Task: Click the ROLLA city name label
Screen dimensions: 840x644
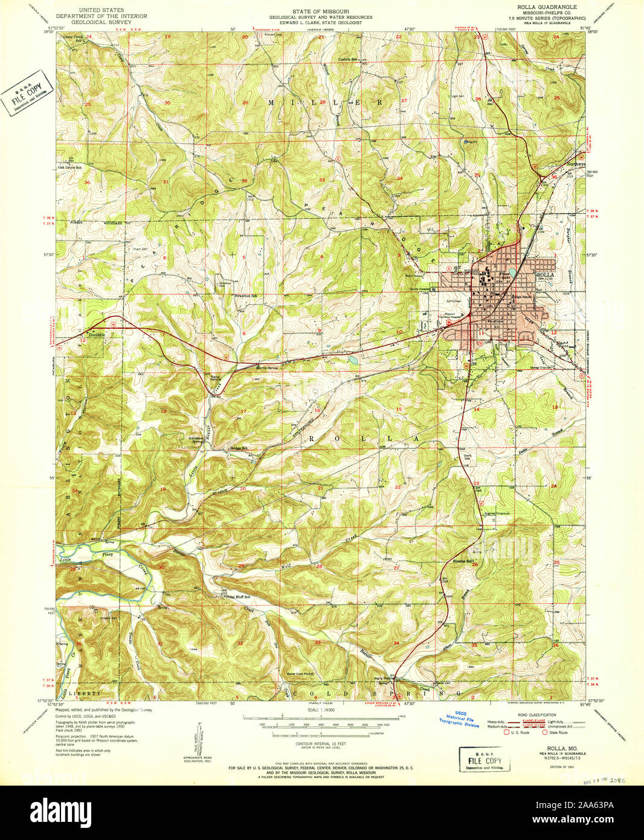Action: [x=545, y=274]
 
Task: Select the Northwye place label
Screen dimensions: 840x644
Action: [x=576, y=164]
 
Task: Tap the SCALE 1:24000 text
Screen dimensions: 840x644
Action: [x=321, y=709]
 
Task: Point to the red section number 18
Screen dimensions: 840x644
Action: [x=163, y=411]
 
